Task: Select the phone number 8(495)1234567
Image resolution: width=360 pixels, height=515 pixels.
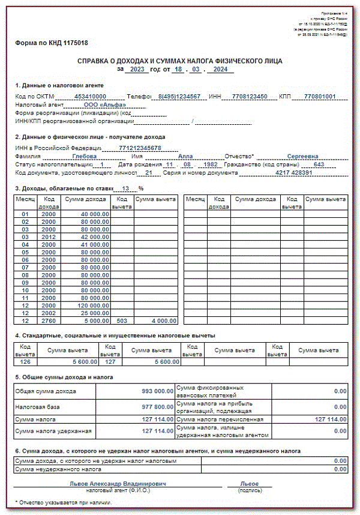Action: pyautogui.click(x=179, y=96)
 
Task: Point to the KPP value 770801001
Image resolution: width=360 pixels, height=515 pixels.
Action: pyautogui.click(x=320, y=96)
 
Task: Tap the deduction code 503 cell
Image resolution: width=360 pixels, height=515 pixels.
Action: pyautogui.click(x=122, y=321)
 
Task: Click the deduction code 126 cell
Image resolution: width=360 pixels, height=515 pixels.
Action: pyautogui.click(x=25, y=361)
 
